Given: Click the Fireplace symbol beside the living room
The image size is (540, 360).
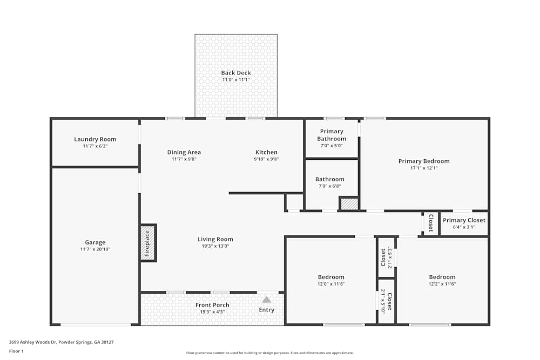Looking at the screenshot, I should [x=147, y=243].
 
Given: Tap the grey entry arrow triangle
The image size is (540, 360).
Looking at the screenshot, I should [x=266, y=300].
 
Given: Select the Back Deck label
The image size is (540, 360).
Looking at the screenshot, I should [x=236, y=73].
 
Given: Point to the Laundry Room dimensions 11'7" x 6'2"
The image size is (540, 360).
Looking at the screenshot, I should [x=95, y=146].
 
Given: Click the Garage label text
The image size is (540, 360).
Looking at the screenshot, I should [x=95, y=242].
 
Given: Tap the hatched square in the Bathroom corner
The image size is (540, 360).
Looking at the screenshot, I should [x=349, y=204].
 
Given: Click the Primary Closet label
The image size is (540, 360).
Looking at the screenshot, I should [x=464, y=220].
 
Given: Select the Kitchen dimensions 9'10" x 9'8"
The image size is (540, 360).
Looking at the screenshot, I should [x=266, y=159].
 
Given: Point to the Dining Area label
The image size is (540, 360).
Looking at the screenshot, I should [x=184, y=152].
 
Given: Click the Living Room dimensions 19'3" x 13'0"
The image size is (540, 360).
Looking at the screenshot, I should [x=215, y=246].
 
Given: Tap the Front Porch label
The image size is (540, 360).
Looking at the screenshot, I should [x=212, y=305].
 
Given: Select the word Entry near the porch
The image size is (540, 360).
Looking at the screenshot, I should [x=266, y=310].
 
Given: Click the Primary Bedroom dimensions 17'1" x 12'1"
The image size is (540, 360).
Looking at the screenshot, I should [x=424, y=168].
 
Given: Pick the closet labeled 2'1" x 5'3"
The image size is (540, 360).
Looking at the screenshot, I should [x=386, y=257].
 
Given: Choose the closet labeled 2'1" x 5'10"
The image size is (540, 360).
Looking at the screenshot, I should [x=386, y=301].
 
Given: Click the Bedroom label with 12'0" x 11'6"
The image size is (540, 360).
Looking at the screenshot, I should [x=331, y=277].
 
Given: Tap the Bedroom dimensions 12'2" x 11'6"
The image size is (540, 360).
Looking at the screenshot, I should [x=442, y=284].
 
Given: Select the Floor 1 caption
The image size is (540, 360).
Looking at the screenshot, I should [x=16, y=351].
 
